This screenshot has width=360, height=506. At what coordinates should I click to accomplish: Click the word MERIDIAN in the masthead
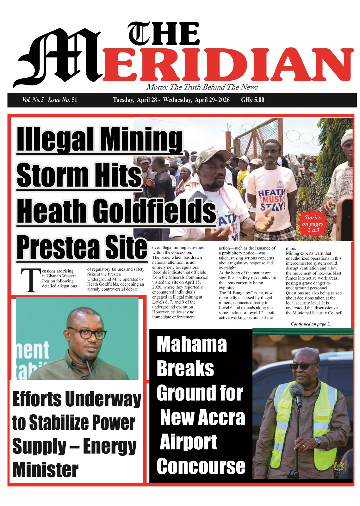[x=228, y=65]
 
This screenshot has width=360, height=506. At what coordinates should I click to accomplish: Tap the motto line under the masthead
[x=202, y=87]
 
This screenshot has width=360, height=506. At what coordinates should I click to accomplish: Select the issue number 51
[x=74, y=100]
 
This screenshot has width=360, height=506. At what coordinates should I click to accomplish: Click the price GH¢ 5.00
[x=252, y=100]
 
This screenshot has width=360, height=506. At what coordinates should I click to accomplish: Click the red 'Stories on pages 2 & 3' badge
[x=313, y=224]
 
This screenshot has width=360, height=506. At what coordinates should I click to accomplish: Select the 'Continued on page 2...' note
[x=312, y=324]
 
